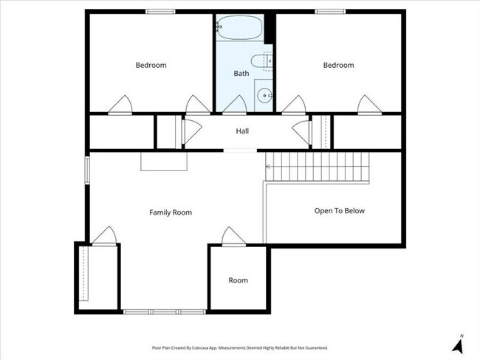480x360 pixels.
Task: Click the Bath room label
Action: pos(241,73)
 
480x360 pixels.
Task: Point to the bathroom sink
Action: pos(264,94)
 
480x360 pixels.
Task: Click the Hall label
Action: pos(242,131)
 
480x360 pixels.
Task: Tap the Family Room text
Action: pos(171,212)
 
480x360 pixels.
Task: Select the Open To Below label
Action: pos(339,210)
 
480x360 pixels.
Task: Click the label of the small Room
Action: pos(238,280)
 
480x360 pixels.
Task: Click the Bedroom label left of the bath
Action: pos(151,65)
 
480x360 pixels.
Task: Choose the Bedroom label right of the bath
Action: pos(338,65)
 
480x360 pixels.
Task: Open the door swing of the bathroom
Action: pos(235,105)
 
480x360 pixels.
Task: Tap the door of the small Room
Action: pos(233,237)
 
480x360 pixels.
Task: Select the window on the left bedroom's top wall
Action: pos(160,11)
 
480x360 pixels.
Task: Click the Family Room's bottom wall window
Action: pos(165,311)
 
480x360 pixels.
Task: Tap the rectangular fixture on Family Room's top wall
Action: pos(165,162)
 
